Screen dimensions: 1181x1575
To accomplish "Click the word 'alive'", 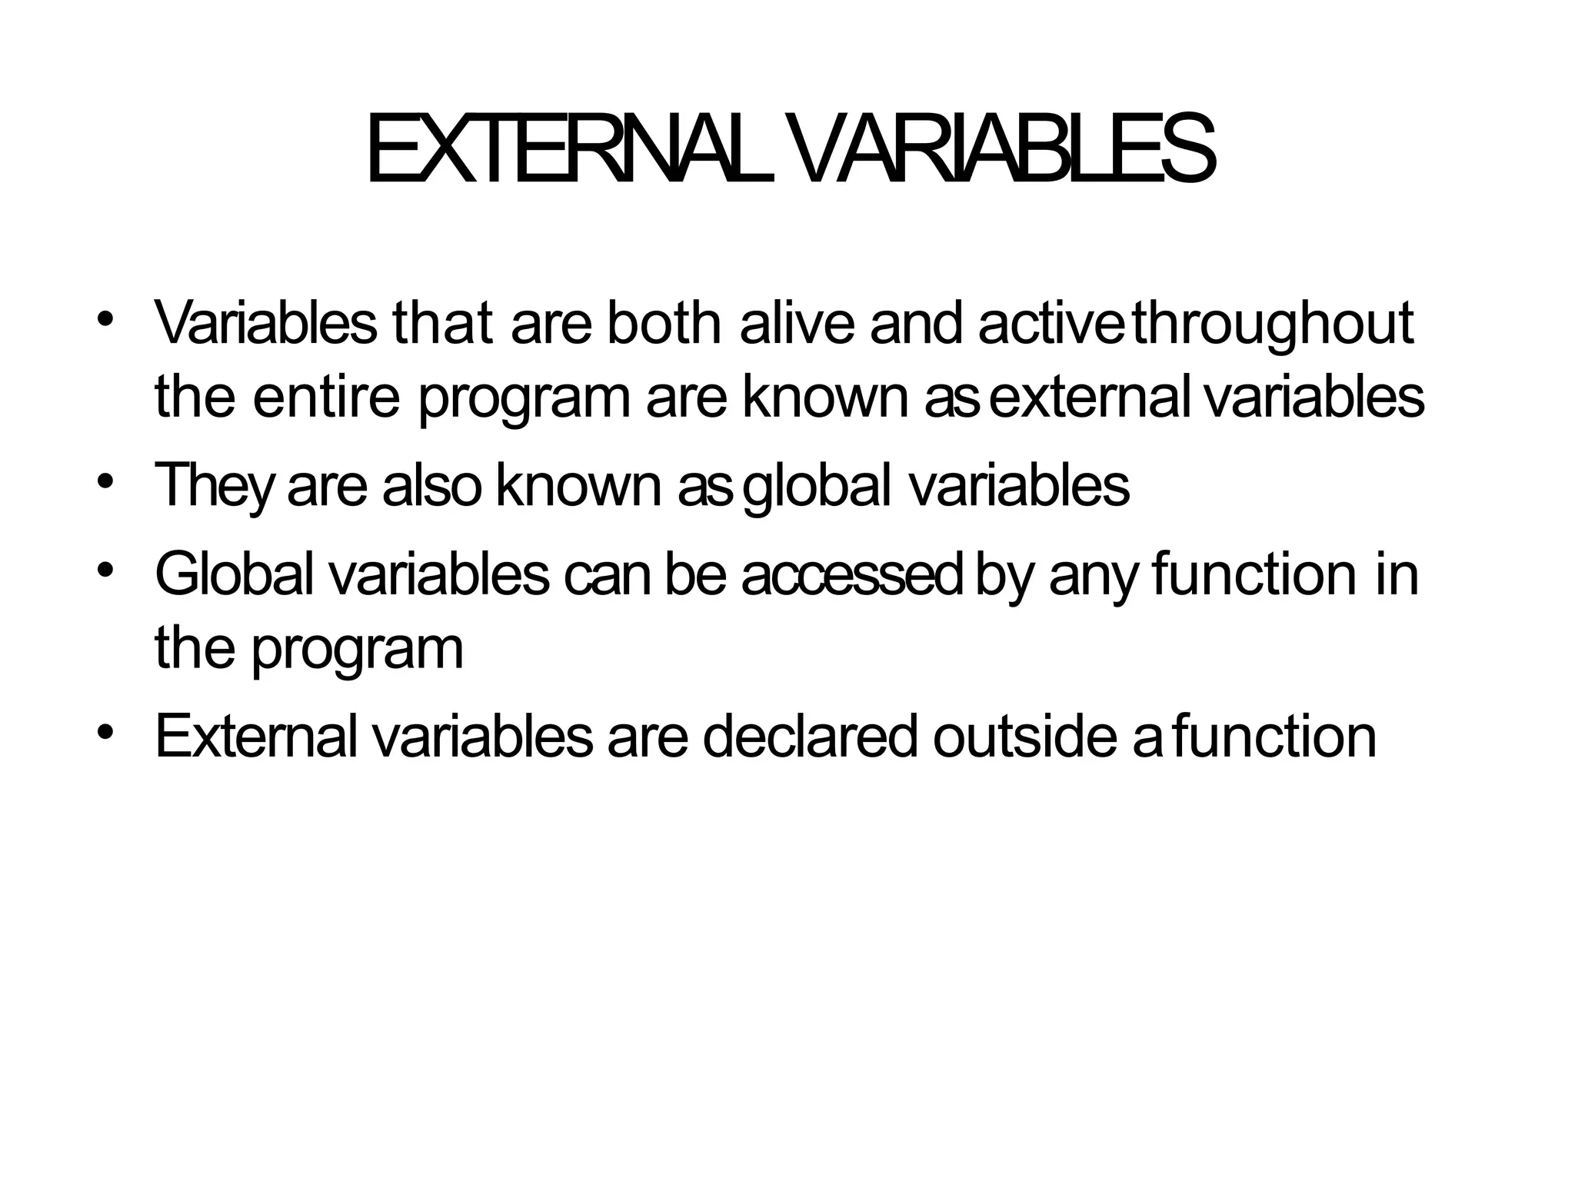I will pyautogui.click(x=797, y=323).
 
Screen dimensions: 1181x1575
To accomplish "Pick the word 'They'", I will pyautogui.click(x=213, y=486).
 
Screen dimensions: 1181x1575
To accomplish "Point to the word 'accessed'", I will pyautogui.click(x=851, y=575).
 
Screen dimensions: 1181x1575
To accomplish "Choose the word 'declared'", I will pyautogui.click(x=810, y=737).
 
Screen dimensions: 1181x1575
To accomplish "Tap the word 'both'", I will pyautogui.click(x=664, y=323).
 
